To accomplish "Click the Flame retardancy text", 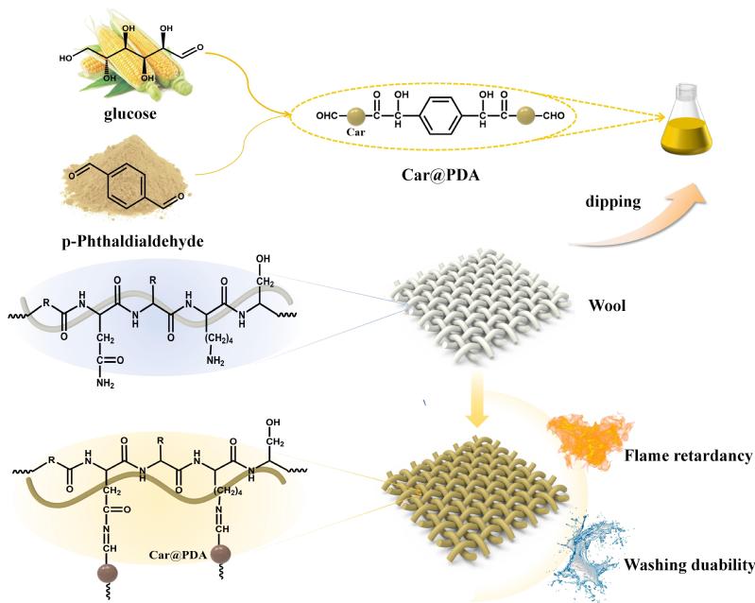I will (687, 457).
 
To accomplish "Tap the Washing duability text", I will (687, 566).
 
